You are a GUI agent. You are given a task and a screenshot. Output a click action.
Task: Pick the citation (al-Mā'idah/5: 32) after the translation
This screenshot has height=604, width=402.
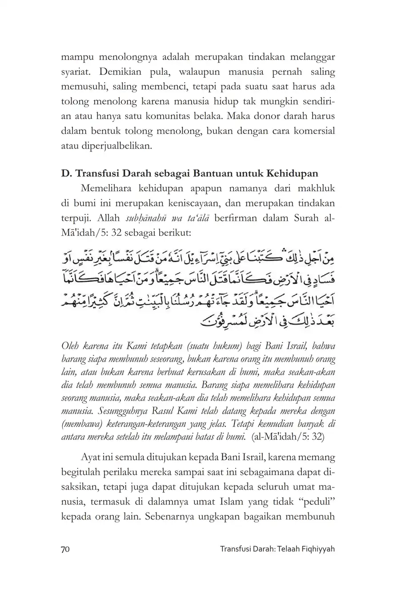pyautogui.click(x=288, y=437)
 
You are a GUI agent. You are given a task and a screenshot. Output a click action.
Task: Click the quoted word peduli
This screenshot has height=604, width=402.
pyautogui.click(x=315, y=502)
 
